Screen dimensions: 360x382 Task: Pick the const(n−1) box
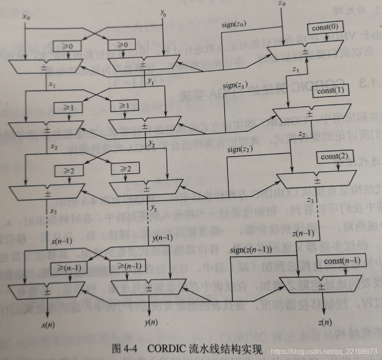342,261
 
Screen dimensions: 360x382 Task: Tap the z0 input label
282,4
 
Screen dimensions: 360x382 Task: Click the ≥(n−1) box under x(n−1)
69,266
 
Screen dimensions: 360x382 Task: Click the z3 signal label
310,201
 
